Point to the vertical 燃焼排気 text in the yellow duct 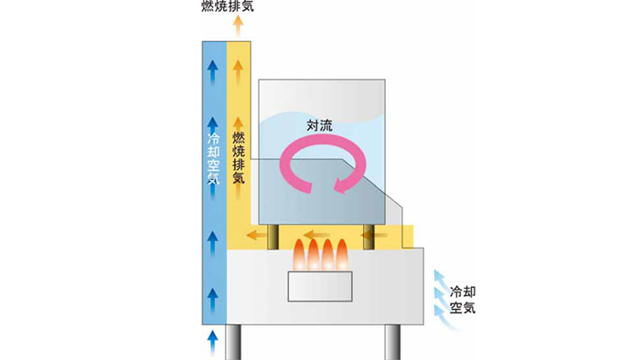(238, 157)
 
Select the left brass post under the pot (273, 235)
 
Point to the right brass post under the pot (369, 235)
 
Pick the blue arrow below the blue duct (212, 342)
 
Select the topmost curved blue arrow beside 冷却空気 (443, 273)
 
